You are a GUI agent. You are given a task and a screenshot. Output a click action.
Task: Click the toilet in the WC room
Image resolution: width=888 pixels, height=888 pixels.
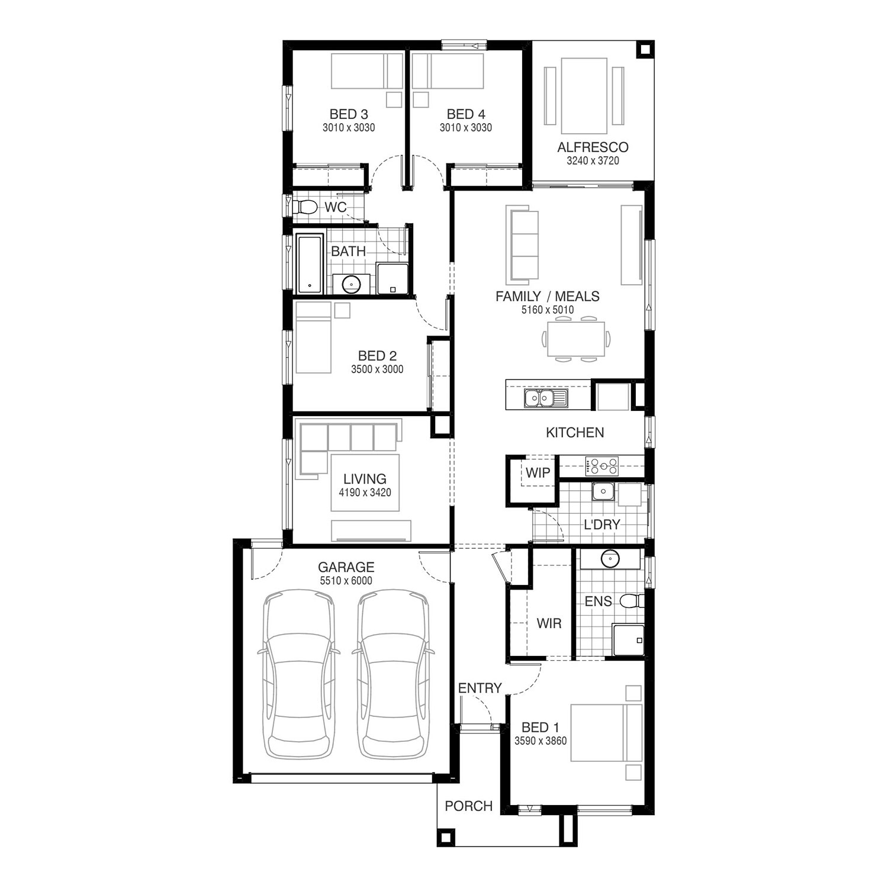pos(304,207)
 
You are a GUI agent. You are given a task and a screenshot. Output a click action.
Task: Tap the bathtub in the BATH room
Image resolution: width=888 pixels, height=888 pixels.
pos(310,264)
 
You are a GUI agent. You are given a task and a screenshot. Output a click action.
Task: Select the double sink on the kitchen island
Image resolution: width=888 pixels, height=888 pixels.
pos(546,398)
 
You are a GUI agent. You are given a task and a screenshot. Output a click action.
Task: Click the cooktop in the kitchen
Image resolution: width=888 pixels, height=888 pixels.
pos(601,466)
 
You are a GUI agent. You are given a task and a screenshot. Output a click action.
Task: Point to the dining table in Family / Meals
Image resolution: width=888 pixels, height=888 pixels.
pos(576,339)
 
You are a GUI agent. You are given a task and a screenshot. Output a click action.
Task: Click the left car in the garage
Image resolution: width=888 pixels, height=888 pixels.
pos(299,674)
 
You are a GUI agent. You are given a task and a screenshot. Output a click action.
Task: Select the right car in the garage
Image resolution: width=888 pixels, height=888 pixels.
pos(393,674)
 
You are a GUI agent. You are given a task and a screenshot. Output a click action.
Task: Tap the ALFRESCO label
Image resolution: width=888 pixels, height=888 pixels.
pos(593,147)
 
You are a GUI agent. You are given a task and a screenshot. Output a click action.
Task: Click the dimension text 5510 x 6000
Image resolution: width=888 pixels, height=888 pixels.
pos(346,581)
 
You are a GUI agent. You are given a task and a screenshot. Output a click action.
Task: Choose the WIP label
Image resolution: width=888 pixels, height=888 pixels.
pos(538,473)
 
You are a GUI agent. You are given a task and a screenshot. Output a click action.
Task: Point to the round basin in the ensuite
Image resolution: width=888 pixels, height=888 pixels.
pos(609,558)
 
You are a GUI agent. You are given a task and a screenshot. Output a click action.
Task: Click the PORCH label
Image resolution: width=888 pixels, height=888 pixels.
pos(469,806)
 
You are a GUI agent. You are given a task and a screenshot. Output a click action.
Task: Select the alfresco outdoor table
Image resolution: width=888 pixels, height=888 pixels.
pos(584,96)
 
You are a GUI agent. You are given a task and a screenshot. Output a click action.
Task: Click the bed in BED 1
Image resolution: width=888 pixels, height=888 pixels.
pos(606,733)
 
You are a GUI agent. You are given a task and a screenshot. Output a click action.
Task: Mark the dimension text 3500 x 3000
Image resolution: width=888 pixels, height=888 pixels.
pos(377,369)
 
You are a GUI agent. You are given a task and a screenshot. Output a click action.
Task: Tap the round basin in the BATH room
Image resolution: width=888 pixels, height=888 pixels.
pos(351,284)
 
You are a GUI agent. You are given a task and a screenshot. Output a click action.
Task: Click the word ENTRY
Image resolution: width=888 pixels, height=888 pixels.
pos(480,688)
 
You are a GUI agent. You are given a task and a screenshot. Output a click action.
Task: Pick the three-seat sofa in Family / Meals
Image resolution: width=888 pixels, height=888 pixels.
pos(522,244)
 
